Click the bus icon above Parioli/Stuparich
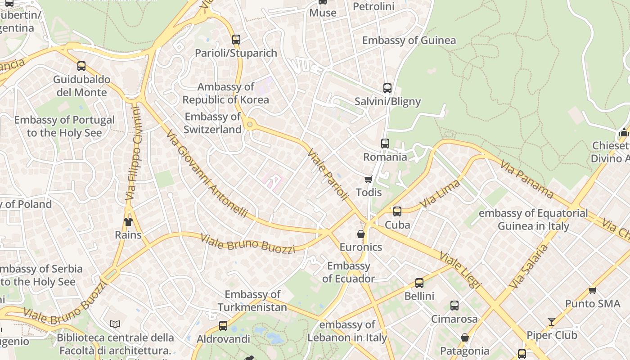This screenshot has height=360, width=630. coord(236,40)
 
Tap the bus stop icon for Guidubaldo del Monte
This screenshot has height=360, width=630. coord(81,66)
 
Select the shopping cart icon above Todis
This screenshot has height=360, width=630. coord(369,180)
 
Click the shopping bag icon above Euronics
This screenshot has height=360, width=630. coord(361,234)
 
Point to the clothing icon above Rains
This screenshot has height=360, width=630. coord(128,221)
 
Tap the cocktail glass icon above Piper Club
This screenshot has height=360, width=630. coord(552,321)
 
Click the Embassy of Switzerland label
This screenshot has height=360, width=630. coord(213,123)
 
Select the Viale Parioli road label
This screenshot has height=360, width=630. coord(328,174)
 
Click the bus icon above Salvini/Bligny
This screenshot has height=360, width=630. coord(387,88)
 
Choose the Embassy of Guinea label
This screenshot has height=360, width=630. coord(409,40)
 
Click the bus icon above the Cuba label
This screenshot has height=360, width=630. coord(397,211)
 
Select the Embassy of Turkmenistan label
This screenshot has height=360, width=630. coord(252,301)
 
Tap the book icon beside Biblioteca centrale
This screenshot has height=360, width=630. coord(115,324)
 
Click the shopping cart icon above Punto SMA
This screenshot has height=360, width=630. coord(592,290)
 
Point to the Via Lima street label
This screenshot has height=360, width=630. coord(440,194)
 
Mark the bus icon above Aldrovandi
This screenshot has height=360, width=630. coord(223,326)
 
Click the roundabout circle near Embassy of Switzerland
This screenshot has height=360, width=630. coord(249,124)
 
